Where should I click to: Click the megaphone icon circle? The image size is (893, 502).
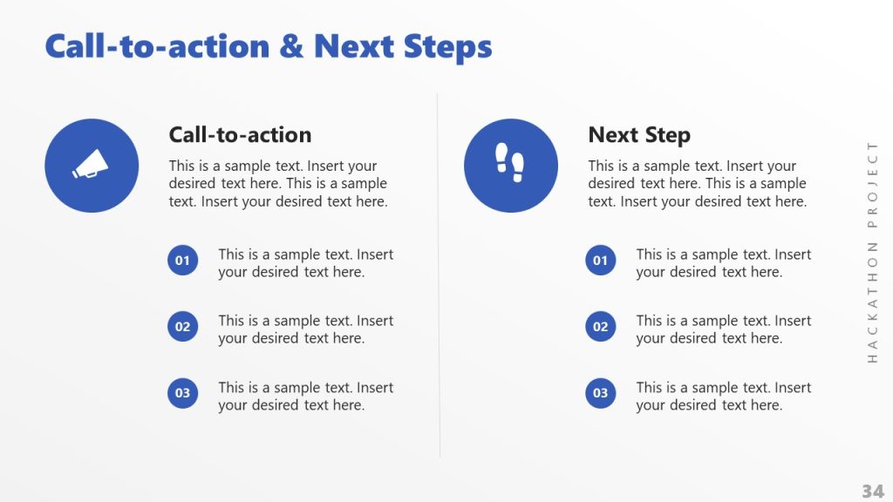point(92,166)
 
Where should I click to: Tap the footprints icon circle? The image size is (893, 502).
point(511,166)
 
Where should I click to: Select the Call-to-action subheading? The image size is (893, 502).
point(240,135)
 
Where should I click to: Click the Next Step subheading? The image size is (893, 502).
point(639,135)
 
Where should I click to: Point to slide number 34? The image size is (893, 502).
point(872,491)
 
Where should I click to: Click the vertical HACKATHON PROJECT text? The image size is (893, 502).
point(872,251)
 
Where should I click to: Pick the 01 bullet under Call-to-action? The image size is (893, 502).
point(182,261)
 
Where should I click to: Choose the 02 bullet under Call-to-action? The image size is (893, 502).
point(182,327)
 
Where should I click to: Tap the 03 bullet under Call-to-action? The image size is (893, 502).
point(182,393)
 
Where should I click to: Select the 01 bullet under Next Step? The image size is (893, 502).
point(600,261)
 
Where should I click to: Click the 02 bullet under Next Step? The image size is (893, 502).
point(600,327)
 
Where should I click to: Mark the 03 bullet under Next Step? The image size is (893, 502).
point(600,393)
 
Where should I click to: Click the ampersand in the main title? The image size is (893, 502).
point(292,46)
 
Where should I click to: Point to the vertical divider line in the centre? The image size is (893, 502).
point(439,279)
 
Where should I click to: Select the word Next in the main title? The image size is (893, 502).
point(354,46)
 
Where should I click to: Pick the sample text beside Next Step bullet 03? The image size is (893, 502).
point(723,397)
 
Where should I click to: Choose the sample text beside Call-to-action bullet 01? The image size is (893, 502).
point(305,263)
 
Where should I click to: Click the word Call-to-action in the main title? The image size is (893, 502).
point(157,46)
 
